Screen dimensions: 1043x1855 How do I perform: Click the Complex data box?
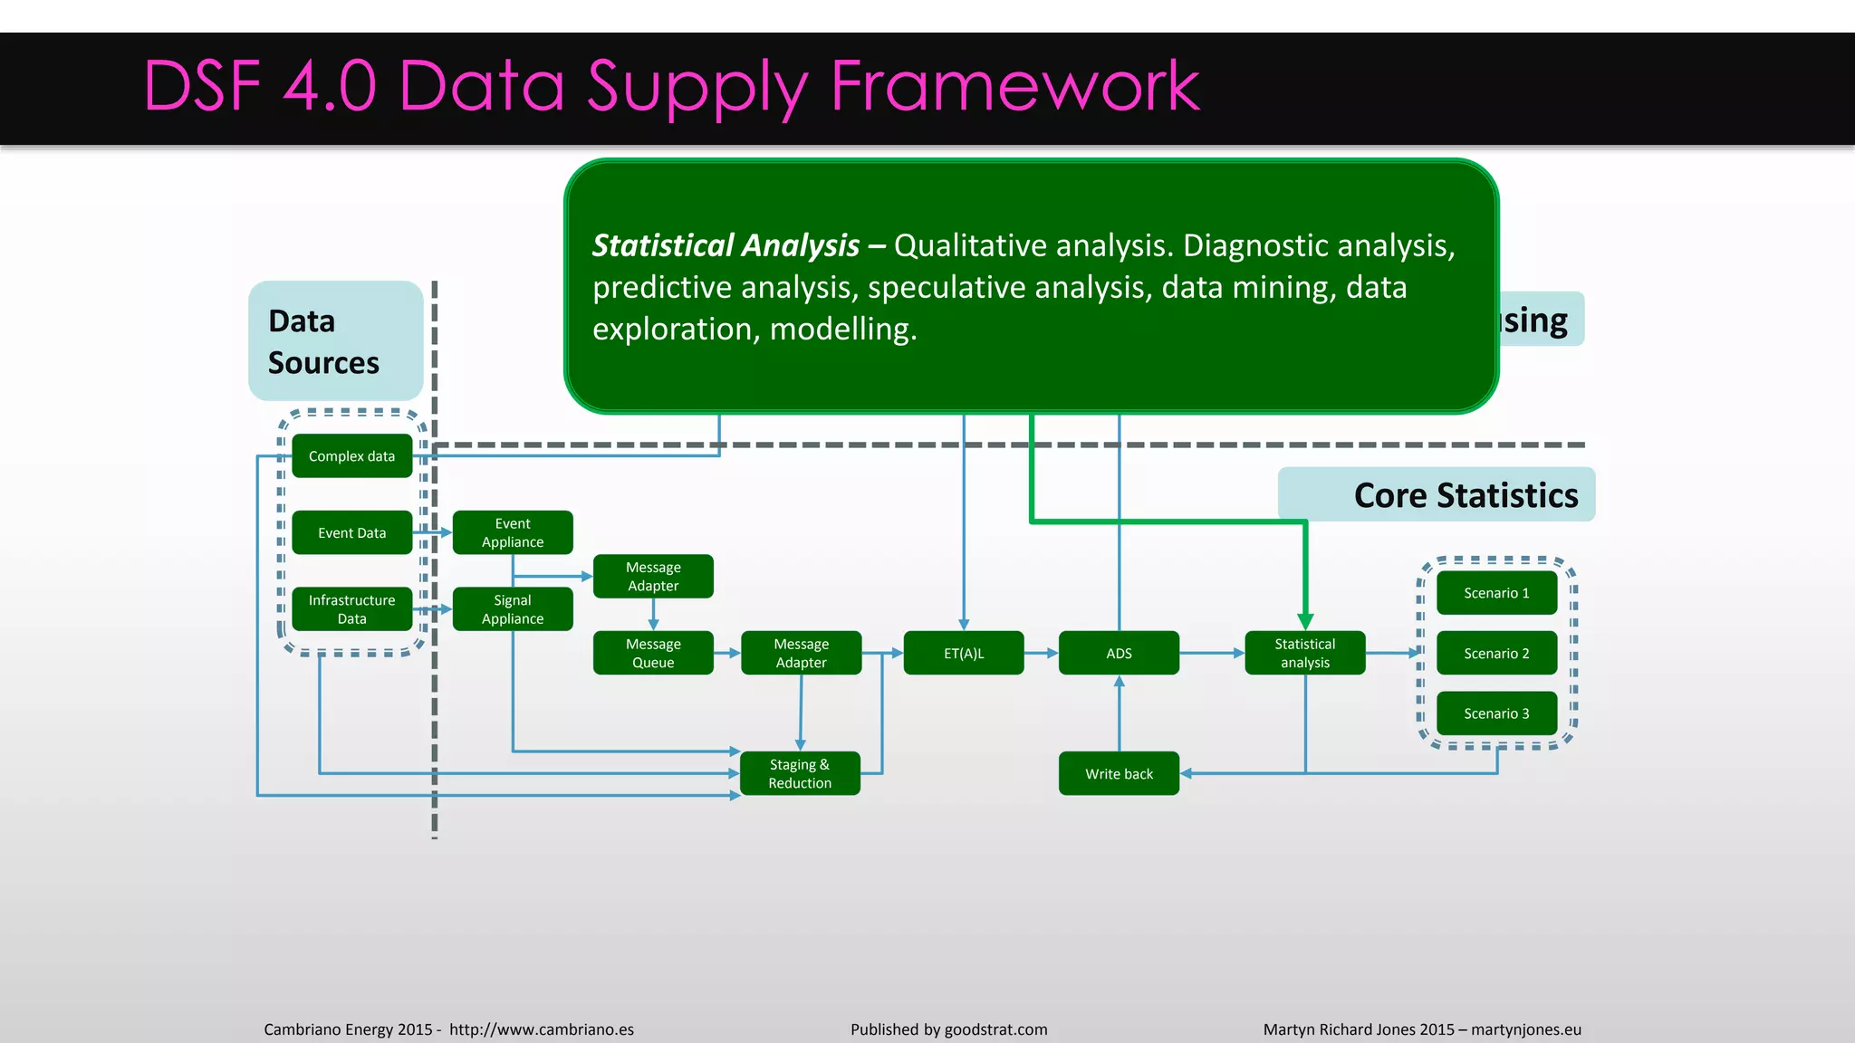351,456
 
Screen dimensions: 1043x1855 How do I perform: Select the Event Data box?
351,533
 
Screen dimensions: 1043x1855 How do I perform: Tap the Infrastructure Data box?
351,609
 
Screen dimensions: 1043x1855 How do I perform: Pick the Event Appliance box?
513,532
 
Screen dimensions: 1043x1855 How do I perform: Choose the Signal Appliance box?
513,609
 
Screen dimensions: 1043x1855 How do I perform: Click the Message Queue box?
653,653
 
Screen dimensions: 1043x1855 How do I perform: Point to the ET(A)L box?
964,653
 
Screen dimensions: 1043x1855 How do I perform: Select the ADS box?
1119,653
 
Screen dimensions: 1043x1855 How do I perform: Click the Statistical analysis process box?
1304,653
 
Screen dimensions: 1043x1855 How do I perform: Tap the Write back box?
1119,774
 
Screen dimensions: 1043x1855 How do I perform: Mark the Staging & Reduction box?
800,774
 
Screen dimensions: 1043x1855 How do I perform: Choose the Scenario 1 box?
1496,593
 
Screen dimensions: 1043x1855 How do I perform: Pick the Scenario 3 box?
1496,713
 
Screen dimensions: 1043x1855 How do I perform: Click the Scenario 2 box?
1496,654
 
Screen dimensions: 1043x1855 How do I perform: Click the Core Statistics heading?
1466,495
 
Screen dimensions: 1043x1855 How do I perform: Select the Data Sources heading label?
323,341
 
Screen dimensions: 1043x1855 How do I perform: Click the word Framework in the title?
1014,86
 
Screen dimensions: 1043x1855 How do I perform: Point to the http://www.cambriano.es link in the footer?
542,1029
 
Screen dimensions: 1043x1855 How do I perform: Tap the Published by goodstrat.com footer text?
948,1029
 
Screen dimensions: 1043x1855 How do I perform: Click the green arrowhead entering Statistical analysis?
1305,621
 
